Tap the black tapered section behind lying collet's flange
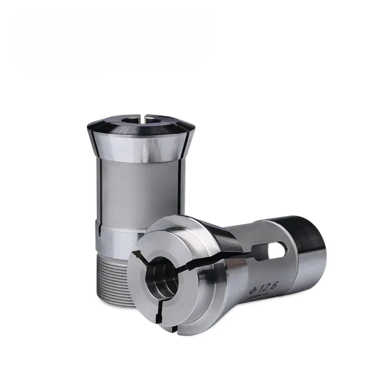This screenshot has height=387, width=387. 218,237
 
